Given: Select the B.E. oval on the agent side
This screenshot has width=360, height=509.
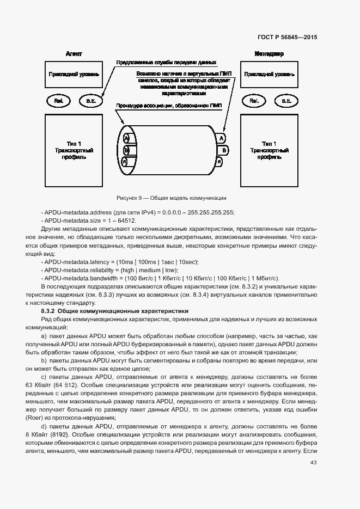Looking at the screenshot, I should click(x=90, y=101).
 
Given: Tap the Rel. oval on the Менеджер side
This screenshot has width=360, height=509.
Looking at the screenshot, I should click(x=254, y=101).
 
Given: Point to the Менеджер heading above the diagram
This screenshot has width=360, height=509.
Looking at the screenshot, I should click(x=269, y=54).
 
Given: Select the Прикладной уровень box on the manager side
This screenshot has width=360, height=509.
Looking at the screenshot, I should click(x=270, y=74).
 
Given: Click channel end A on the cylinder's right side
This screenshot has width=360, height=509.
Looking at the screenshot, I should click(x=221, y=138).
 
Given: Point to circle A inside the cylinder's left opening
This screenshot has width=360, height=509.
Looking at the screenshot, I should click(x=127, y=138).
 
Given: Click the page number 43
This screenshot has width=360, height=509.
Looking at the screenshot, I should click(x=313, y=463).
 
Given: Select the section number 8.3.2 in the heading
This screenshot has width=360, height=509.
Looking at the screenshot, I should click(x=50, y=310).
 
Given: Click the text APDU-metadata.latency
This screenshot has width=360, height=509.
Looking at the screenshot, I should click(x=75, y=262).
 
